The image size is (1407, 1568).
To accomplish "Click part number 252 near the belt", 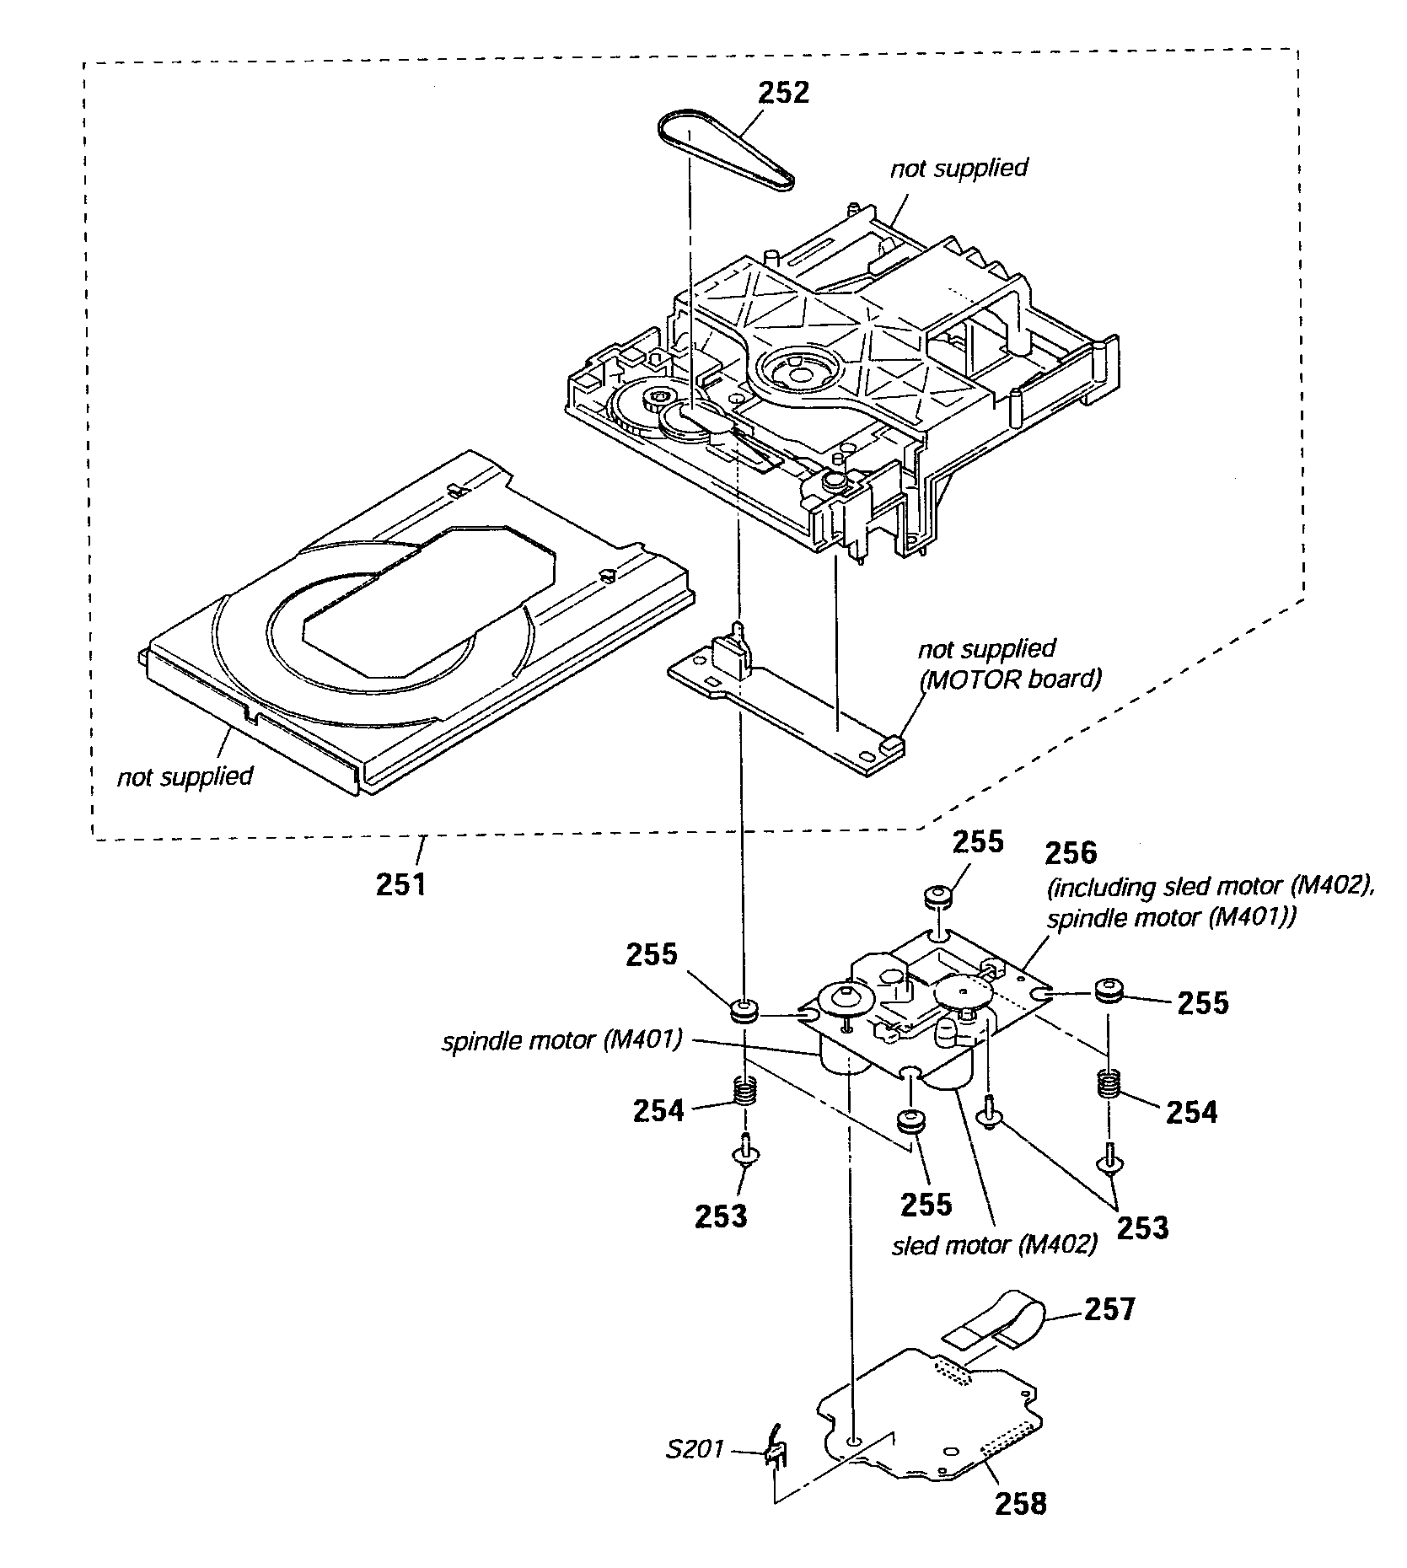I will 783,92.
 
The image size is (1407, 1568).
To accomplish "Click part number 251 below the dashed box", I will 401,885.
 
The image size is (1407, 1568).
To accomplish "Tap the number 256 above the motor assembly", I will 1071,854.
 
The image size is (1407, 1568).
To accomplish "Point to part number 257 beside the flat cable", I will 1109,1309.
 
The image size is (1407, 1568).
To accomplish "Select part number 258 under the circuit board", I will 1021,1503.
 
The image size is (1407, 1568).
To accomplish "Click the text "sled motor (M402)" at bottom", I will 995,1244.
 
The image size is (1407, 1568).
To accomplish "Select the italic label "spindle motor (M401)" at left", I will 561,1041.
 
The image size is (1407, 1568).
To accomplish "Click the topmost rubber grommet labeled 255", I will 939,898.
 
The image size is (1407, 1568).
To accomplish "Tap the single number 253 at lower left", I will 721,1216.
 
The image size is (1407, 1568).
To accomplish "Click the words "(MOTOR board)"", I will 1010,679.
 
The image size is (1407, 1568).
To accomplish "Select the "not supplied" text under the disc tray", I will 185,776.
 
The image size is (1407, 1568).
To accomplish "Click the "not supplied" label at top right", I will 959,168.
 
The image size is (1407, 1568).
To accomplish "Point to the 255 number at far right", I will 1203,1002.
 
